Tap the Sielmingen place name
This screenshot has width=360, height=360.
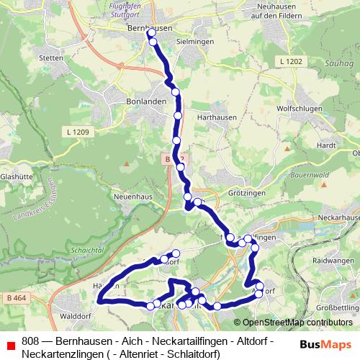(191, 42)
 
